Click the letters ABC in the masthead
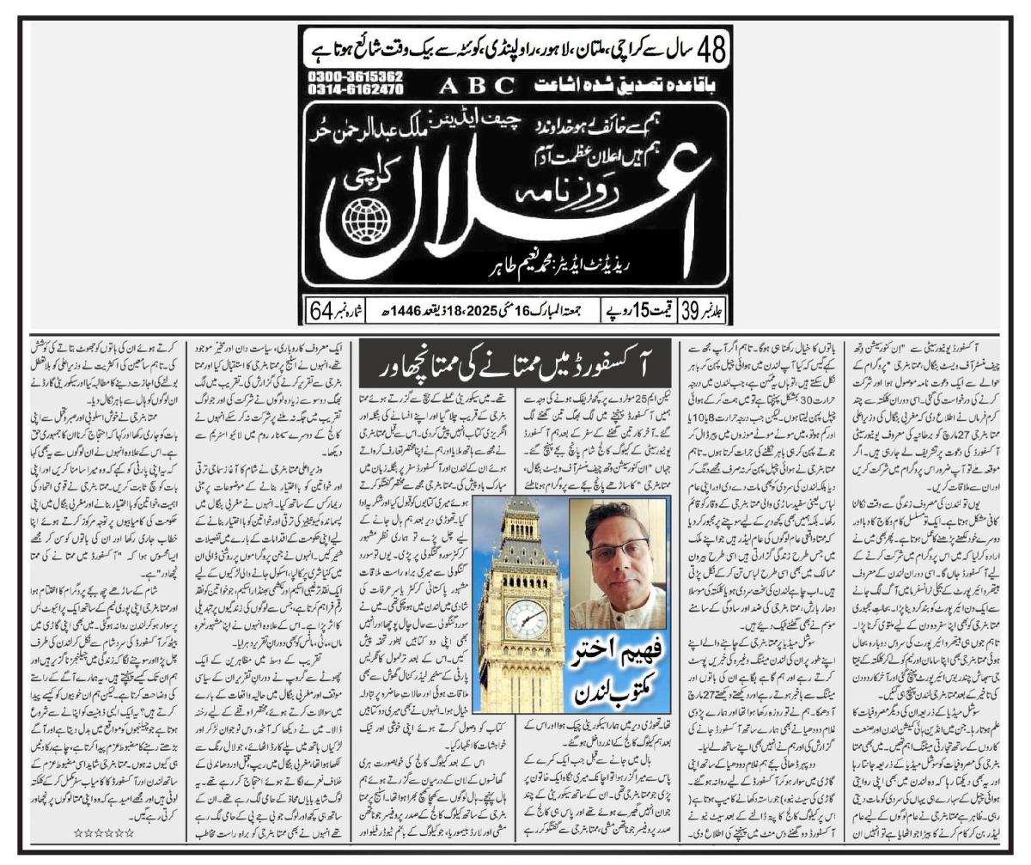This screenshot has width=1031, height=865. [x=477, y=86]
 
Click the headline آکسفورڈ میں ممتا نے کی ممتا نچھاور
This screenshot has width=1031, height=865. [x=514, y=365]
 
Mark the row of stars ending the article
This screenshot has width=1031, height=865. [x=104, y=831]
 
